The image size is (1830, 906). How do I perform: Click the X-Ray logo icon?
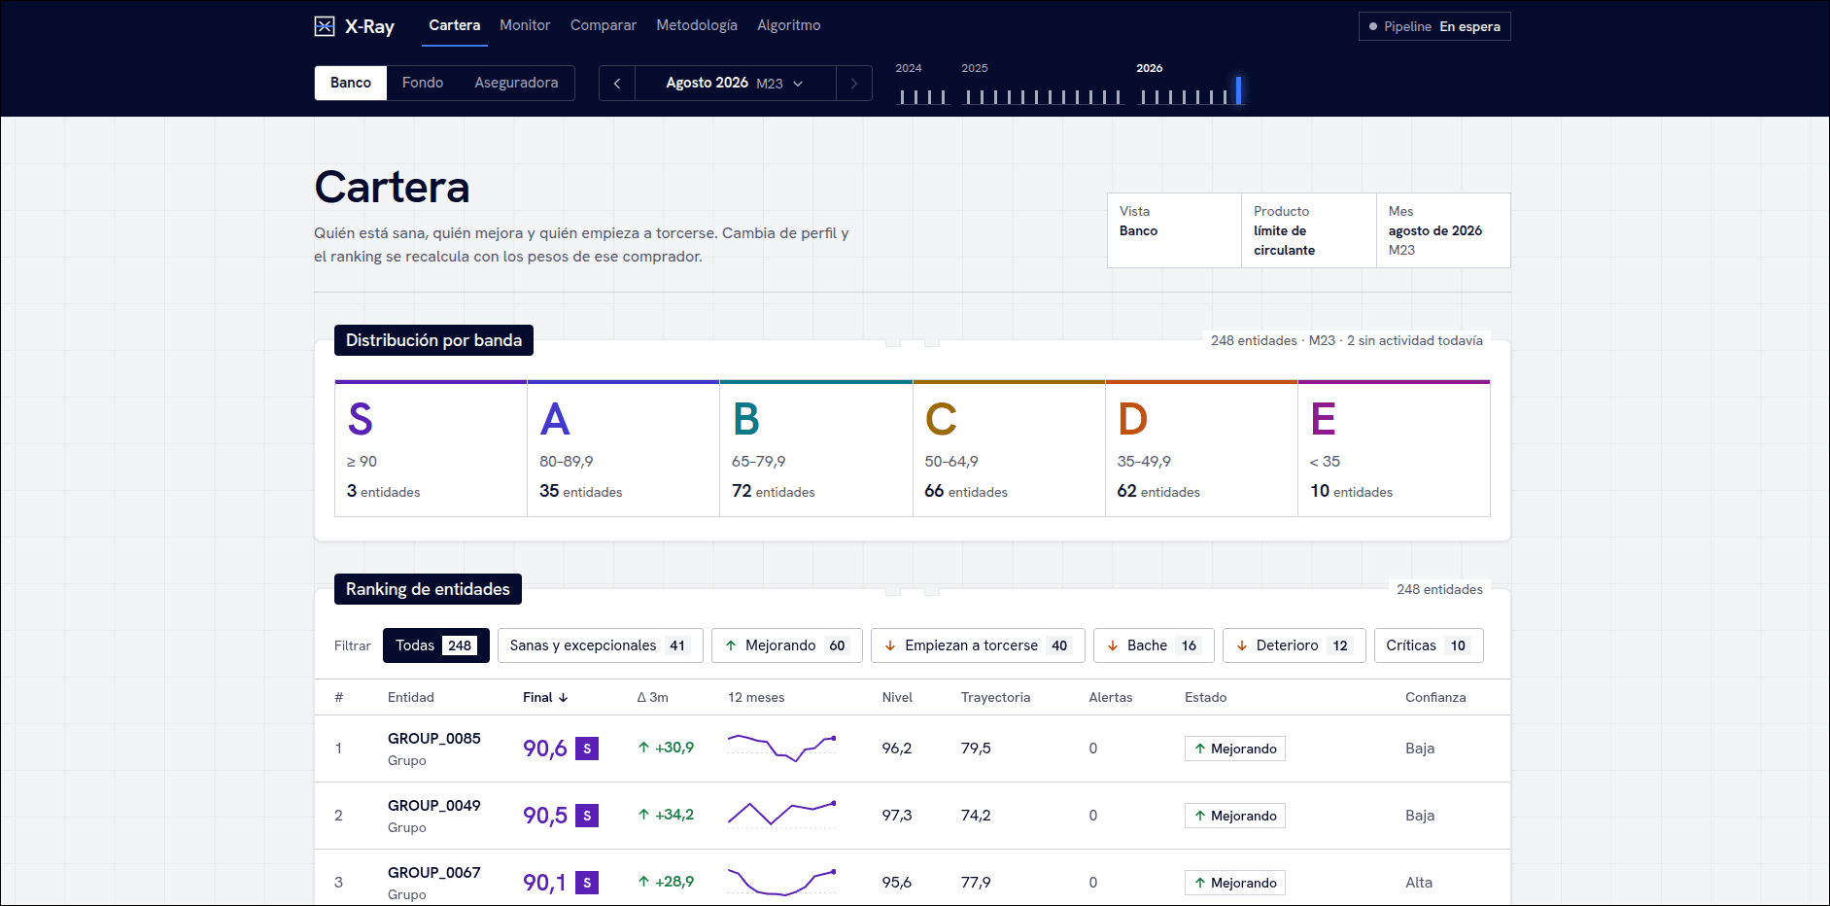pyautogui.click(x=325, y=26)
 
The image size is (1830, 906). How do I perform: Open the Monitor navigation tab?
pyautogui.click(x=525, y=25)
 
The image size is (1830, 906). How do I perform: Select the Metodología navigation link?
pyautogui.click(x=697, y=25)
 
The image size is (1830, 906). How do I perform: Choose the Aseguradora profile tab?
pyautogui.click(x=516, y=83)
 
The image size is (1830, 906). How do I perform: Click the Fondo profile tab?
pyautogui.click(x=423, y=83)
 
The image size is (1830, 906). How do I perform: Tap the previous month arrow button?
pyautogui.click(x=617, y=84)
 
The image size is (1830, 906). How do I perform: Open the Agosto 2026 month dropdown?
pyautogui.click(x=736, y=84)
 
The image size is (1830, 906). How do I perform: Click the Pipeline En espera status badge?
pyautogui.click(x=1434, y=26)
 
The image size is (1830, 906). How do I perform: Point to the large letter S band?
pyautogui.click(x=361, y=419)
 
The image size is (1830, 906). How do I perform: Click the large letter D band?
pyautogui.click(x=1133, y=419)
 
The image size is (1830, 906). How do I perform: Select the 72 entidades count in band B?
pyautogui.click(x=774, y=491)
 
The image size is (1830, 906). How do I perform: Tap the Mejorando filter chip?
pyautogui.click(x=787, y=645)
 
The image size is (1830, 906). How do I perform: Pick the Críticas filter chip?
pyautogui.click(x=1429, y=645)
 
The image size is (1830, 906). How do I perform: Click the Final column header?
pyautogui.click(x=545, y=697)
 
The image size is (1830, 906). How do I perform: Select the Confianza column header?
pyautogui.click(x=1435, y=697)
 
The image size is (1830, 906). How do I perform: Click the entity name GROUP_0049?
pyautogui.click(x=434, y=805)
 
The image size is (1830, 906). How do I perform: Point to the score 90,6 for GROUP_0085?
pyautogui.click(x=545, y=749)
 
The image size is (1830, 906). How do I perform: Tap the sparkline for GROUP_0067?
pyautogui.click(x=782, y=881)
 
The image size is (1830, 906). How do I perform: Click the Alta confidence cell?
pyautogui.click(x=1419, y=883)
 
